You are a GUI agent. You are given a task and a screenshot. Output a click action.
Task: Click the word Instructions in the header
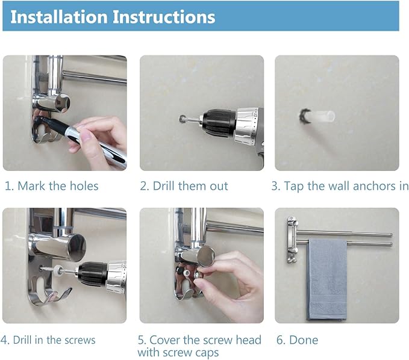[x=164, y=17]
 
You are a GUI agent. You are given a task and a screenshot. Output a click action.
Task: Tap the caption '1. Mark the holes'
[x=52, y=186]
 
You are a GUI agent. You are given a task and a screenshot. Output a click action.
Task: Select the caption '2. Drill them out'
[x=184, y=186]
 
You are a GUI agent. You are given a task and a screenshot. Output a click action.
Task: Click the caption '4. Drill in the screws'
[x=48, y=340]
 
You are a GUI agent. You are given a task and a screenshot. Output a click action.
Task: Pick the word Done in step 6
[x=304, y=340]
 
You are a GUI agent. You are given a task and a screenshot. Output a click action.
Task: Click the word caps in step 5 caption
[x=207, y=353]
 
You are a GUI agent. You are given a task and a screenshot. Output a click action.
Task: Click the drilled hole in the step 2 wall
[x=183, y=119]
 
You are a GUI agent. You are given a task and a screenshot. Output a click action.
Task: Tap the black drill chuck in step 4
[x=93, y=274]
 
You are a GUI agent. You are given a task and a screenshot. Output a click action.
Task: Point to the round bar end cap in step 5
[x=206, y=256]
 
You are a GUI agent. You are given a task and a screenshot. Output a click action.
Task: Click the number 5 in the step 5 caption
[x=141, y=340]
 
